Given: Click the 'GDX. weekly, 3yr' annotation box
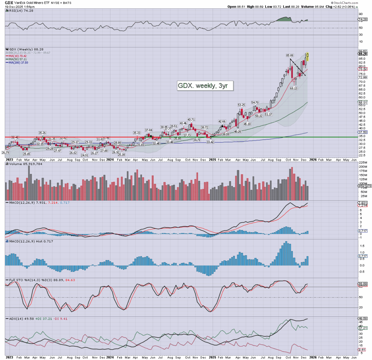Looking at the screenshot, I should point(205,85).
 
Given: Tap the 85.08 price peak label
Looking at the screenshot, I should point(290,56).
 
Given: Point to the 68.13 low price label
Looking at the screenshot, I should point(294,88).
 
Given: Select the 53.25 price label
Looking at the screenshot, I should point(242,105).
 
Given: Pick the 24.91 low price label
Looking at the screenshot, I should point(85,155).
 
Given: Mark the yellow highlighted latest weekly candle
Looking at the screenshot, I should point(308,57).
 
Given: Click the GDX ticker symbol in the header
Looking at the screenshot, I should point(9,7).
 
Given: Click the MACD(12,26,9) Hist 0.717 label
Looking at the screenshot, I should point(23,241).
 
